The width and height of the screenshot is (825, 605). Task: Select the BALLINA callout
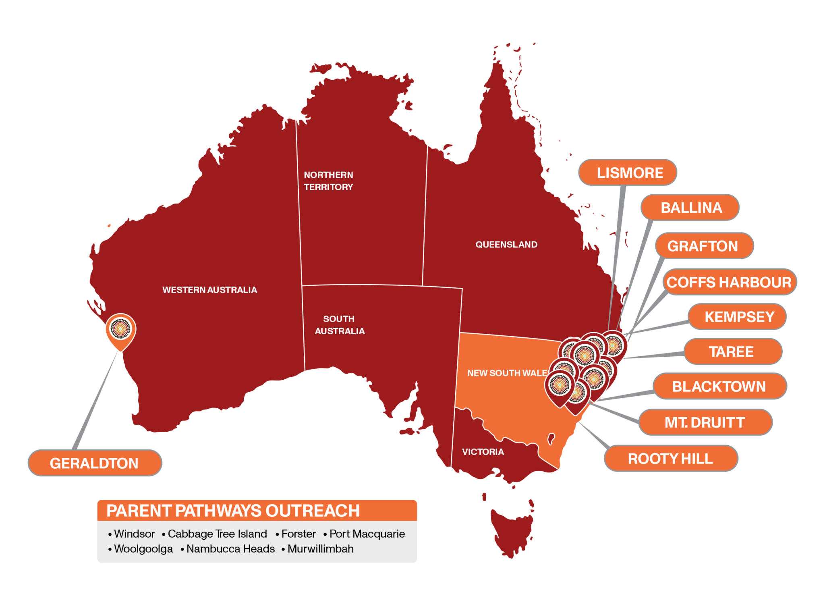point(690,208)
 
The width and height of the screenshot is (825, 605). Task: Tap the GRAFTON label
point(704,246)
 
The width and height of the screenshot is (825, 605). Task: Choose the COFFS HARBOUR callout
point(729,282)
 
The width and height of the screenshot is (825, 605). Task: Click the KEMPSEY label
point(737,317)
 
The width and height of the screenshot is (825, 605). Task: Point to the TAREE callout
point(733,351)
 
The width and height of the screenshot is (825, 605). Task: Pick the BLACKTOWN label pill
point(719,386)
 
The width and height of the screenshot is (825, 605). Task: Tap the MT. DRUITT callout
point(705,422)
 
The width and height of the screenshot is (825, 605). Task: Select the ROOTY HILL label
point(671,458)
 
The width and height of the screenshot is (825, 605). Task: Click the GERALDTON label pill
point(95,463)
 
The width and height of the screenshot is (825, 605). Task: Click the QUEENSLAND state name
point(506,245)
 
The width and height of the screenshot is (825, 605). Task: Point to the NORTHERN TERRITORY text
point(328,181)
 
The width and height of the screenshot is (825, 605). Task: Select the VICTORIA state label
point(483,452)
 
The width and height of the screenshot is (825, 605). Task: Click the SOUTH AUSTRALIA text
point(340,325)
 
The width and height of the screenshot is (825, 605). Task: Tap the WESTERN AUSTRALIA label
point(209,290)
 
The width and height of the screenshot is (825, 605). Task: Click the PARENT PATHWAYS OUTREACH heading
point(233,511)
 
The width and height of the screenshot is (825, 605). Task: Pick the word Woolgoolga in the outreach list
point(143,549)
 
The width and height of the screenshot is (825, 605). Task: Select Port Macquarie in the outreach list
point(367,534)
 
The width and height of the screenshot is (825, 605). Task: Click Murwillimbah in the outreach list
point(321,549)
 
